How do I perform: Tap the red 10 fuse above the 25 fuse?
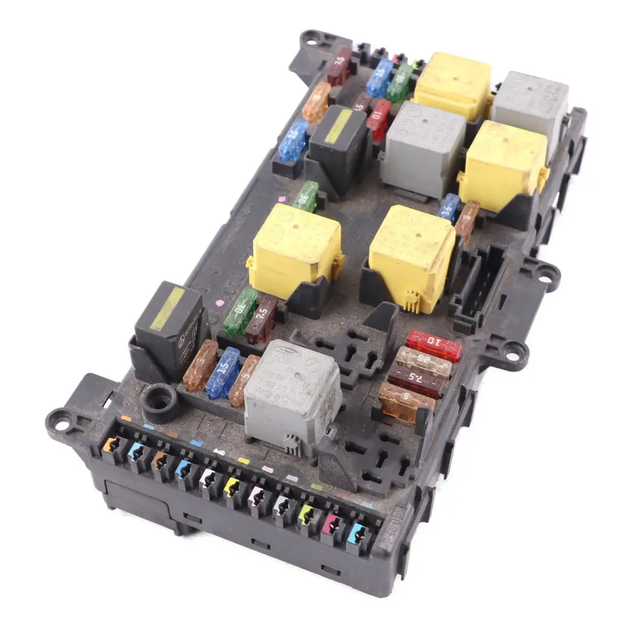434,345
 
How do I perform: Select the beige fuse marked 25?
423,362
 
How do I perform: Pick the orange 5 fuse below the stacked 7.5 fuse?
406,402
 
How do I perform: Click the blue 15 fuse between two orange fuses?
222,373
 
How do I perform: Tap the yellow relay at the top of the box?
452,85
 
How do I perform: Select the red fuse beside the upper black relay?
379,119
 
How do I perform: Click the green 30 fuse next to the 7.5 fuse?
240,311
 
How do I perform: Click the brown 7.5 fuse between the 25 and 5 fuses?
415,381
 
